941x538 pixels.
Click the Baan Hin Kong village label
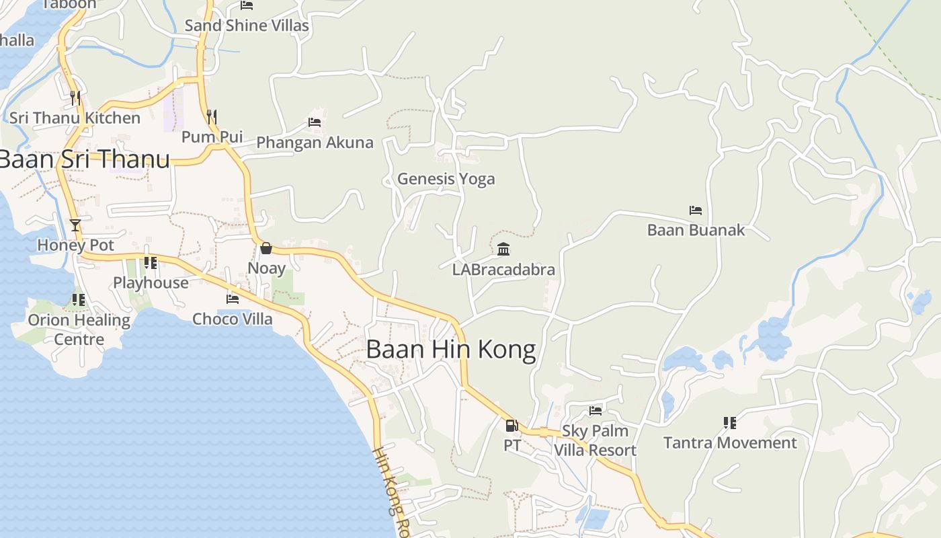pos(451,350)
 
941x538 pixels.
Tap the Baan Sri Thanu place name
pos(83,159)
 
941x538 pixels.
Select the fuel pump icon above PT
pos(512,425)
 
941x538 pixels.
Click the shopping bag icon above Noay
pos(266,248)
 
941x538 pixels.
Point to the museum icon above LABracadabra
pos(503,249)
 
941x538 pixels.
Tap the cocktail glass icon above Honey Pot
pos(75,225)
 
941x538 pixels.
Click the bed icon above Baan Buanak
pos(696,210)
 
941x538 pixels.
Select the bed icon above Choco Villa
pos(233,299)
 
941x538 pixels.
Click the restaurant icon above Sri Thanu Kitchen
pos(75,98)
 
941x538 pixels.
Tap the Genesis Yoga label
pos(446,179)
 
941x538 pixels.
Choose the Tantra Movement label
pos(730,443)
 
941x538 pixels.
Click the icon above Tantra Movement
pos(730,423)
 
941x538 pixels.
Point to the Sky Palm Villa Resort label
pos(595,440)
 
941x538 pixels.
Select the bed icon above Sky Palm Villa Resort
pos(596,410)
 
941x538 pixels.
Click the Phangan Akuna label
pos(315,143)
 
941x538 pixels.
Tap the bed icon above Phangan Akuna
pos(314,122)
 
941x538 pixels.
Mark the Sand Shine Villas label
pos(247,26)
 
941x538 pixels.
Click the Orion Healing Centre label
pos(79,330)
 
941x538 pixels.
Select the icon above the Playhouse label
pos(151,263)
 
